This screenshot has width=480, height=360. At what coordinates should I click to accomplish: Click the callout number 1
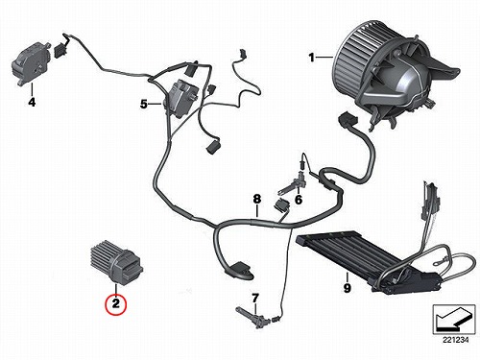tap(311, 58)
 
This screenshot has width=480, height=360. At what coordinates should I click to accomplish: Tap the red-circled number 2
tap(115, 303)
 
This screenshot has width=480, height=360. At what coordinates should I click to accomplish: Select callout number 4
tap(32, 102)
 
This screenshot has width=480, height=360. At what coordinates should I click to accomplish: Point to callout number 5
tap(144, 104)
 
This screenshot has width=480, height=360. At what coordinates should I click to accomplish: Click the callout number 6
tap(299, 200)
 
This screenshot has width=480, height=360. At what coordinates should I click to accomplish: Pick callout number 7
tap(254, 299)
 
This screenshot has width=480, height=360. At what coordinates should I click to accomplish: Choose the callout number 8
tap(257, 199)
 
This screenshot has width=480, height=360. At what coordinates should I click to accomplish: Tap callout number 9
tap(348, 288)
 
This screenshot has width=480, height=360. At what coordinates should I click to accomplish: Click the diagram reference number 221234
tap(455, 340)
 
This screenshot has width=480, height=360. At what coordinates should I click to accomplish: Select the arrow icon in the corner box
tap(452, 320)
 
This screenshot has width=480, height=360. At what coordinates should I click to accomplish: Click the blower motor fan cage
tap(358, 60)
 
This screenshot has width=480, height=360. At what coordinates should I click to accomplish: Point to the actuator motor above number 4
tap(30, 64)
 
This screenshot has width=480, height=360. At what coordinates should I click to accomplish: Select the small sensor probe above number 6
tap(293, 185)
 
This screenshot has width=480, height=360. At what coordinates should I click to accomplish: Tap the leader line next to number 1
tap(325, 58)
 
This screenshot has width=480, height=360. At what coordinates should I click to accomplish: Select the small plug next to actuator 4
tap(60, 50)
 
